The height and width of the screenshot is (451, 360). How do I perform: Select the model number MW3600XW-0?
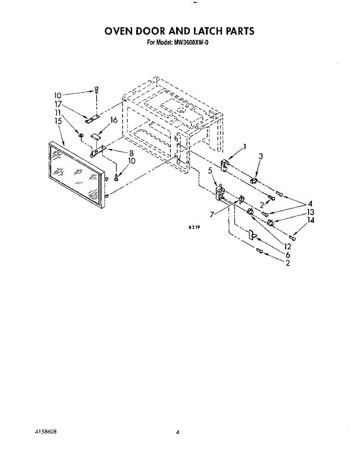coord(191,42)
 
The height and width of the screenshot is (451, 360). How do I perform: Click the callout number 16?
coord(114,120)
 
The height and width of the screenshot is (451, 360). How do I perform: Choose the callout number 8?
coord(131,153)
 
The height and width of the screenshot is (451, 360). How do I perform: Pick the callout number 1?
coord(245,147)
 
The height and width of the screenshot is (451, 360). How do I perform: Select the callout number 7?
coord(212,214)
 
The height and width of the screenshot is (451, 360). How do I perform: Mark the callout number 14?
coord(311,220)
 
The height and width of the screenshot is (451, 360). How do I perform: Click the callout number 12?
coord(287,247)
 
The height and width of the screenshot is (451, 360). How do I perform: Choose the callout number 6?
coord(288,254)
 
